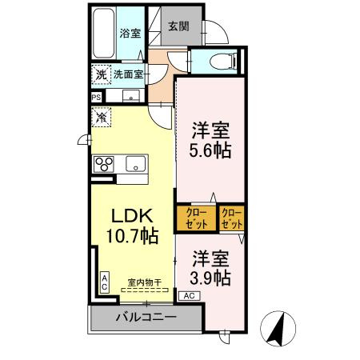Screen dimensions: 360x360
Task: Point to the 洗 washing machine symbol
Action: (101, 74)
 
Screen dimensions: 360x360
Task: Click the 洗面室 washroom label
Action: (127, 74)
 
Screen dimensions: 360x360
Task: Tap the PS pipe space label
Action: (96, 98)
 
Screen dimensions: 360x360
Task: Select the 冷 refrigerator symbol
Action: (102, 118)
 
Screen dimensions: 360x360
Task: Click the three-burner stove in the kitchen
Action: (105, 164)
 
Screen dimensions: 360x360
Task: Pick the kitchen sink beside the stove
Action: (137, 164)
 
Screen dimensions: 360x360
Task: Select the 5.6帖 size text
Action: (211, 150)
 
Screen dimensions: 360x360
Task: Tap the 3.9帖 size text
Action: (211, 278)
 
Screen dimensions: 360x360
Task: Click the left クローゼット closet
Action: (197, 218)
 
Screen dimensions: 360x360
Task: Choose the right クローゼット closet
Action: (231, 218)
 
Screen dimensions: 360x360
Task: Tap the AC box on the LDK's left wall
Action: (105, 281)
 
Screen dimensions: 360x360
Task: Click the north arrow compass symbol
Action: (282, 327)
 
